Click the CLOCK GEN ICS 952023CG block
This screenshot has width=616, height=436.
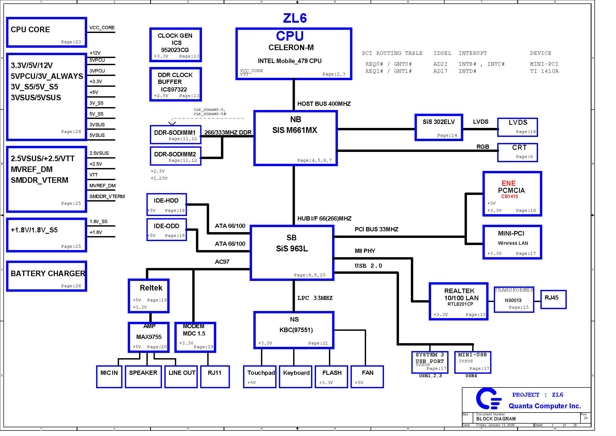tap(176, 45)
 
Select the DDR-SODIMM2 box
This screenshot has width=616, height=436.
tap(176, 156)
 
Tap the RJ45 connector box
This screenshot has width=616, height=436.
tap(553, 300)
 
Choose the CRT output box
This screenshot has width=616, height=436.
tap(518, 152)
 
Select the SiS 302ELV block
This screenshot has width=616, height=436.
tap(439, 127)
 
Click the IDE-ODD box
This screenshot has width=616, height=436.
tap(167, 230)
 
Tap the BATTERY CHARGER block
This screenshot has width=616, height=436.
tap(47, 276)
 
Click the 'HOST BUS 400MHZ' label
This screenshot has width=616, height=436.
tap(324, 104)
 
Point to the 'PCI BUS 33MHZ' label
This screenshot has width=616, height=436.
tap(376, 229)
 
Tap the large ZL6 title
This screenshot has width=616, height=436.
tap(295, 18)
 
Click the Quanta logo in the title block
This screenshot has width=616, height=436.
tap(488, 398)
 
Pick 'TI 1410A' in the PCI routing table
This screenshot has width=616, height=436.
tap(544, 71)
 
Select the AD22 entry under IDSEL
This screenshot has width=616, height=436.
tap(440, 64)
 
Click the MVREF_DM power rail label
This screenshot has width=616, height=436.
tap(102, 186)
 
